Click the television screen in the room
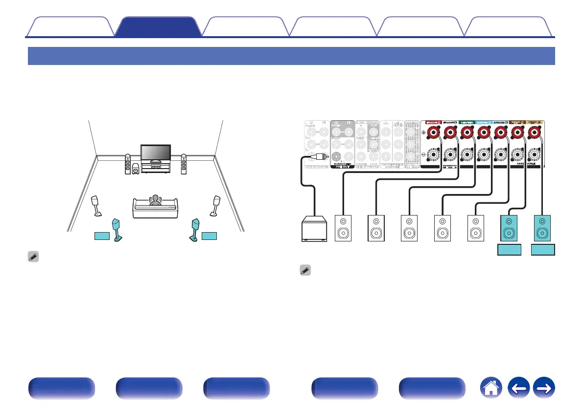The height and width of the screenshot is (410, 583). pyautogui.click(x=155, y=152)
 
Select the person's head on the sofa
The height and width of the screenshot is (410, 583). pyautogui.click(x=155, y=199)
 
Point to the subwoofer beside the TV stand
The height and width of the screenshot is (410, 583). pyautogui.click(x=135, y=170)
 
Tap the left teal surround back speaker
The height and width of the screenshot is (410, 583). pyautogui.click(x=117, y=229)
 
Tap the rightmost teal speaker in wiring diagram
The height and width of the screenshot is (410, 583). pyautogui.click(x=542, y=228)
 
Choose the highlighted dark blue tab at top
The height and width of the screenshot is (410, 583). pyautogui.click(x=159, y=26)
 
